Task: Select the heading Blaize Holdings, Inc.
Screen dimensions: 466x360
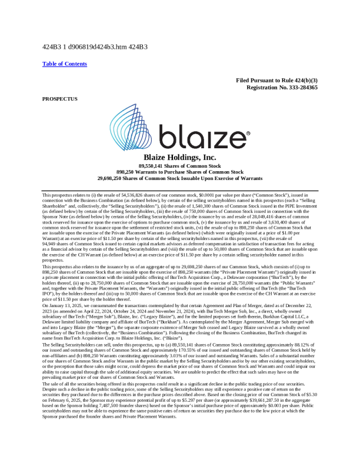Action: tap(180, 158)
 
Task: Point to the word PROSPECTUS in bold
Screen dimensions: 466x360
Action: tap(60, 98)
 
